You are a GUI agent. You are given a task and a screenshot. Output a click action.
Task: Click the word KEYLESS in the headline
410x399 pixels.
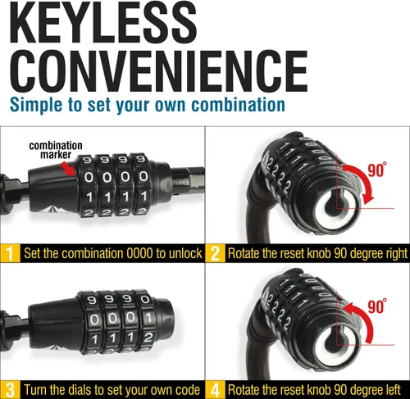tap(103, 22)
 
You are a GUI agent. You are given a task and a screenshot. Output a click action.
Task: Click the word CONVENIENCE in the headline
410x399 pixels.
tap(159, 71)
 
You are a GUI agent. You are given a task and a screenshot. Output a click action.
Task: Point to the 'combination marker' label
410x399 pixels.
tap(56, 150)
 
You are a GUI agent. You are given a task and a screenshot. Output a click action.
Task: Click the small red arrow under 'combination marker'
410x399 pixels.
tap(68, 169)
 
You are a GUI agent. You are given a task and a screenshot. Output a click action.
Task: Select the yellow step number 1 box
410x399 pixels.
tap(10, 253)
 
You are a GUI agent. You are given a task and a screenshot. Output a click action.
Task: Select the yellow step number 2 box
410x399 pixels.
tap(216, 253)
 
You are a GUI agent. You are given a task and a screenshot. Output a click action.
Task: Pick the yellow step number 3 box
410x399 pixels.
tap(10, 390)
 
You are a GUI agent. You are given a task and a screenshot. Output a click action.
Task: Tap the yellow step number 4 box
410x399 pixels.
tap(216, 390)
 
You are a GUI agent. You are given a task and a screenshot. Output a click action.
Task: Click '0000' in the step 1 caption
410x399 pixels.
tap(139, 253)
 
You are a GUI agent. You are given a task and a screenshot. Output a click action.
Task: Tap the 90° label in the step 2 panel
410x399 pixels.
tap(377, 170)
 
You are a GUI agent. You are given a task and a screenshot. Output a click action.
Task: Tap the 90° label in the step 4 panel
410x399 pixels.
tap(377, 306)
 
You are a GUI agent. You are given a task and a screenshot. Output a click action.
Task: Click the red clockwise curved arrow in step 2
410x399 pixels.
tap(366, 179)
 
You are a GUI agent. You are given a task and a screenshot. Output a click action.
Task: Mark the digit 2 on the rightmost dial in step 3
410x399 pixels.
tap(148, 338)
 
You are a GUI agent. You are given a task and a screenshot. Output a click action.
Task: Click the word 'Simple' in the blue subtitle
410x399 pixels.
tap(36, 106)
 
